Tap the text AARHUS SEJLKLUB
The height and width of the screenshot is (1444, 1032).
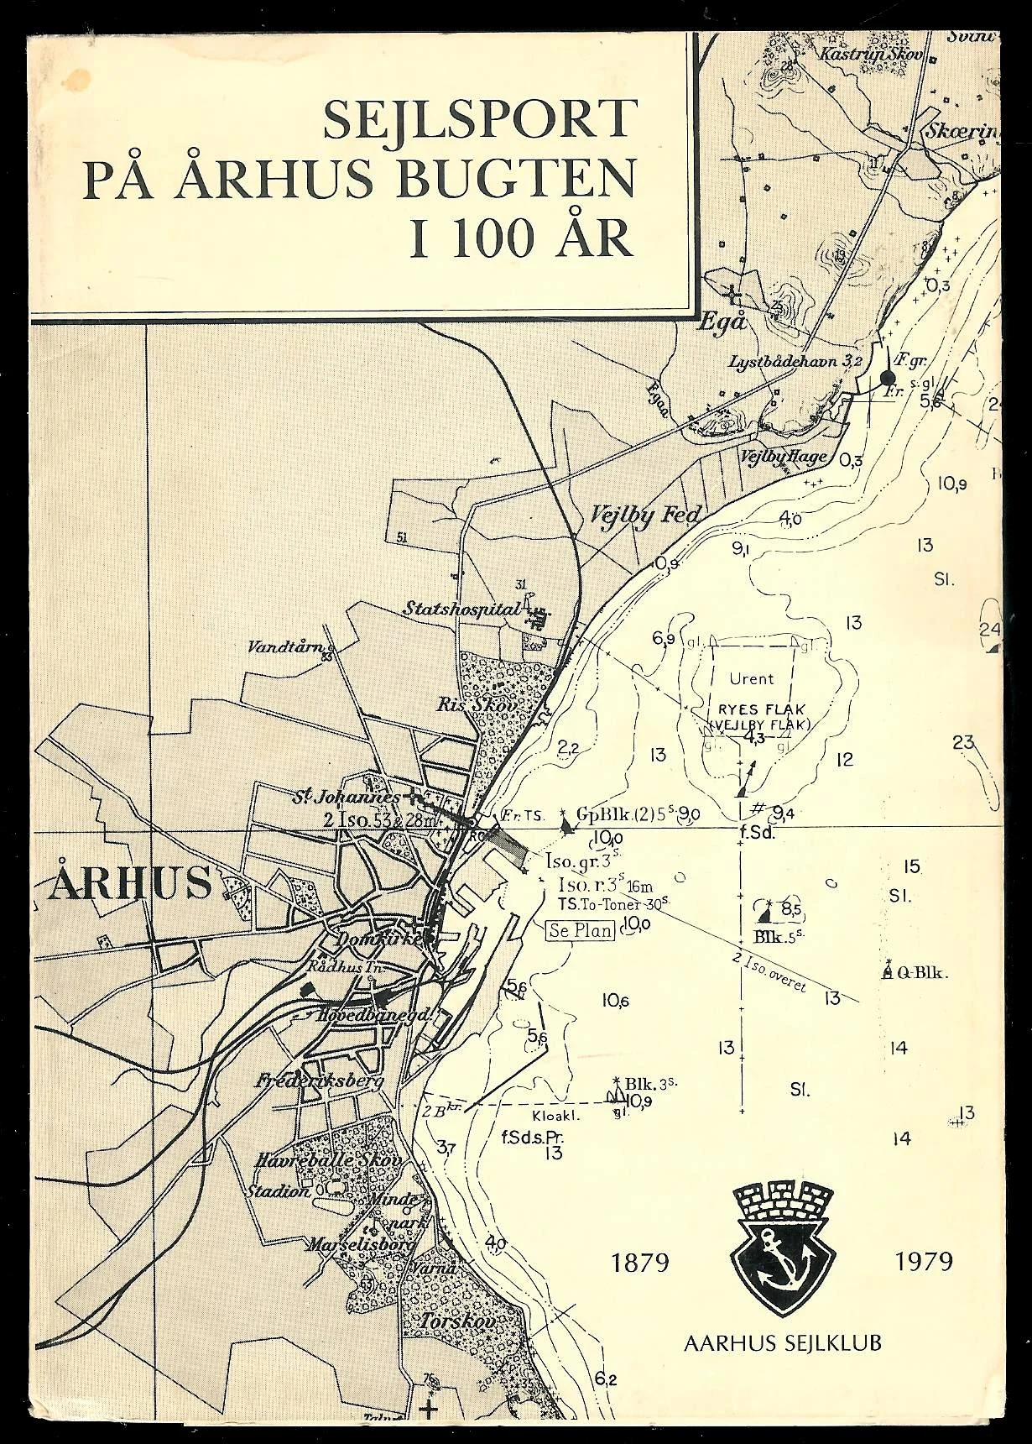click(x=782, y=1342)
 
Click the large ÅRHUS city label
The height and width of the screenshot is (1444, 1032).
click(x=129, y=882)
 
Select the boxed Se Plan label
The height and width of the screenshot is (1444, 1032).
click(x=581, y=929)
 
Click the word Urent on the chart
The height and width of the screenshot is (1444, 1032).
click(x=752, y=678)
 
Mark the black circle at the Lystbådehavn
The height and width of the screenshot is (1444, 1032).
click(x=887, y=379)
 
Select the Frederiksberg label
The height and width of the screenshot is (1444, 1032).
click(x=320, y=1080)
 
